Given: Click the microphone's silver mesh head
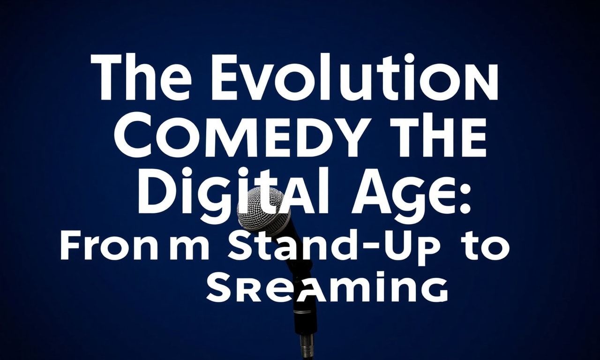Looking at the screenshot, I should pos(261,209).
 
